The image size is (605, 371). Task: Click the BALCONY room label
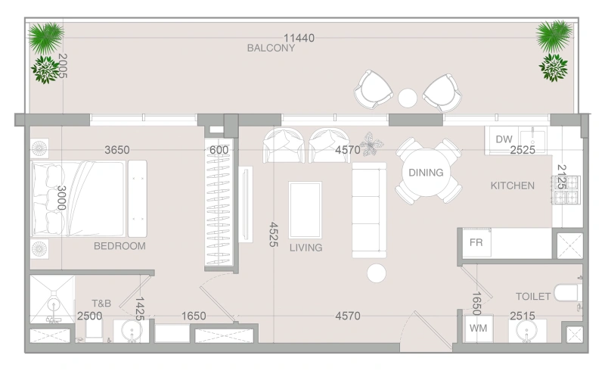(x=271, y=48)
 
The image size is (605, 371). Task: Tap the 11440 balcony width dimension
(x=299, y=38)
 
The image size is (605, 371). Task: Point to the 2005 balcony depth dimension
(x=63, y=66)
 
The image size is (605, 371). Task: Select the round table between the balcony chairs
(x=408, y=98)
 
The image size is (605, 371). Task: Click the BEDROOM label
(x=119, y=246)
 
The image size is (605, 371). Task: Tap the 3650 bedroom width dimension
(x=117, y=150)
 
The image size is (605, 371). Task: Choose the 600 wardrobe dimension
(x=219, y=150)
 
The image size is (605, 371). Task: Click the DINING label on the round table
(x=426, y=173)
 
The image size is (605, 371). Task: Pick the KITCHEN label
(x=513, y=185)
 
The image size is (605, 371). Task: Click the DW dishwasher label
(x=504, y=139)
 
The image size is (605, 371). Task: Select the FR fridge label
(x=476, y=242)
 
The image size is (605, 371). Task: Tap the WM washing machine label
(x=478, y=328)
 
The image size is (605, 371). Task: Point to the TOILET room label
(x=533, y=296)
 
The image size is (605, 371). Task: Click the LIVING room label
(x=306, y=248)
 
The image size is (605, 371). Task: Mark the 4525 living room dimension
(x=273, y=234)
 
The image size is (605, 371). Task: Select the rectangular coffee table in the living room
(x=306, y=210)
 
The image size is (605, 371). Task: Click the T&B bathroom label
(x=101, y=304)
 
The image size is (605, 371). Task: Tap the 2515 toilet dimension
(x=523, y=316)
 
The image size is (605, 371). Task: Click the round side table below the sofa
(x=376, y=273)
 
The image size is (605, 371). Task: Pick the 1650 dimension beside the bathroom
(x=194, y=316)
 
